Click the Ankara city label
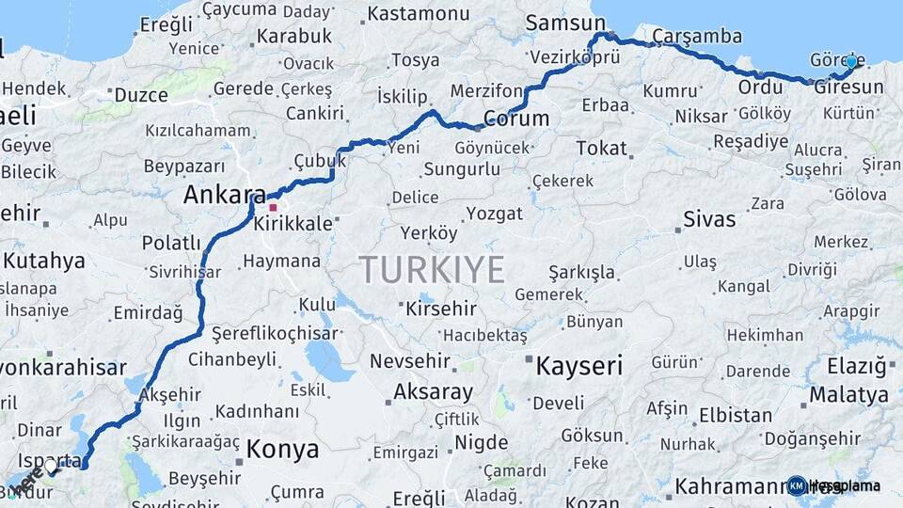pyautogui.click(x=224, y=195)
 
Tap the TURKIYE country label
pyautogui.click(x=432, y=270)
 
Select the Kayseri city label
pyautogui.click(x=578, y=365)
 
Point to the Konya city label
pyautogui.click(x=282, y=450)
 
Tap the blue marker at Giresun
pyautogui.click(x=851, y=62)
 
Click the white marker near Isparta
pyautogui.click(x=51, y=465)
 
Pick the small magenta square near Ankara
pyautogui.click(x=273, y=207)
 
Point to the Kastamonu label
pyautogui.click(x=418, y=14)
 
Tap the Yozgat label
pyautogui.click(x=494, y=214)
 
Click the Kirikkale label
pyautogui.click(x=293, y=224)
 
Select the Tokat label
pyautogui.click(x=601, y=148)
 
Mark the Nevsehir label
pyautogui.click(x=412, y=361)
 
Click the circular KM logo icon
pyautogui.click(x=797, y=485)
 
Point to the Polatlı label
pyautogui.click(x=172, y=244)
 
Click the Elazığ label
pyautogui.click(x=856, y=366)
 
